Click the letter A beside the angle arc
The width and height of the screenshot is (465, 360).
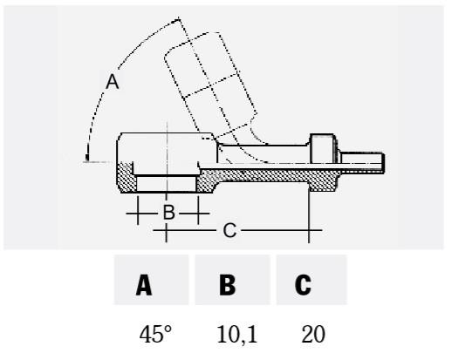tap(113, 82)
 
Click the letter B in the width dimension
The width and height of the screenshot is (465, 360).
tap(168, 212)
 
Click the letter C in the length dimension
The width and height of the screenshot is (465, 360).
tap(229, 230)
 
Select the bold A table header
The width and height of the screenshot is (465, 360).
tap(144, 285)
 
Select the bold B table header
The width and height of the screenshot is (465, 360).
tap(228, 285)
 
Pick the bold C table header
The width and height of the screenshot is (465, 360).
tap(303, 285)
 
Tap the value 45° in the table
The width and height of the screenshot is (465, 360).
tap(155, 334)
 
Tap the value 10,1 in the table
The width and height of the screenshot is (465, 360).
tap(237, 334)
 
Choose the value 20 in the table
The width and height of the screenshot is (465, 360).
tap(313, 334)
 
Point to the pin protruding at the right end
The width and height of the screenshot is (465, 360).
tap(362, 163)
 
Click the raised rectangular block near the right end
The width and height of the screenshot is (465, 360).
tap(323, 148)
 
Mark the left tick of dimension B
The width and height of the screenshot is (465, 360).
tap(138, 210)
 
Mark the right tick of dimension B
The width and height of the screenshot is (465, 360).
tap(198, 210)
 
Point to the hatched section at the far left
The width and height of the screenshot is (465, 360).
tap(125, 177)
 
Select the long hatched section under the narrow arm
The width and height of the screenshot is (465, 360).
tap(267, 176)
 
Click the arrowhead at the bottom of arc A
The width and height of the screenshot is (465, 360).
tap(87, 157)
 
